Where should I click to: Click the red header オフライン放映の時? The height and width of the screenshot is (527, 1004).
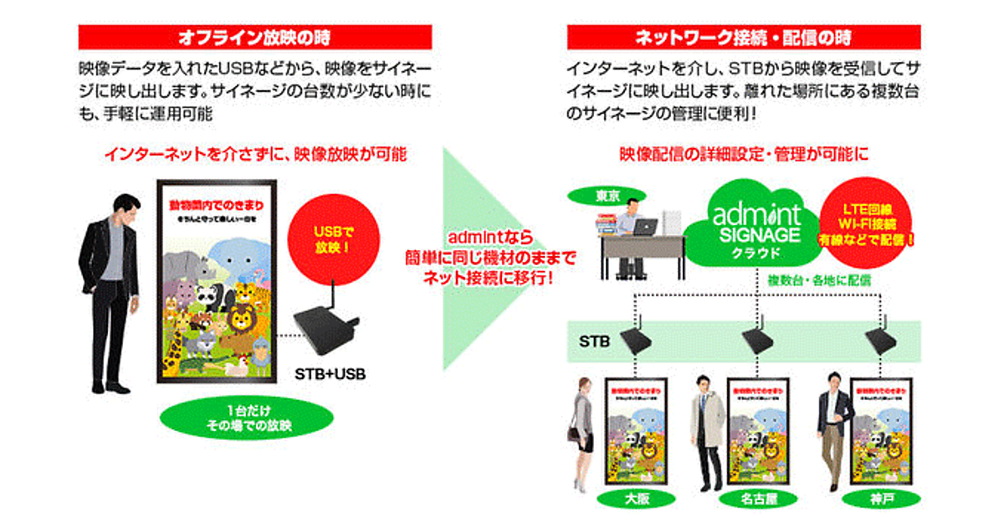click(255, 38)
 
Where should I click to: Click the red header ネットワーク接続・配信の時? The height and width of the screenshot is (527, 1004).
click(744, 38)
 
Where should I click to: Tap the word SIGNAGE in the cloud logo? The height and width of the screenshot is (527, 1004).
click(758, 237)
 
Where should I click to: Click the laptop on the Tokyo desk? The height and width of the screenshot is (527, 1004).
click(645, 227)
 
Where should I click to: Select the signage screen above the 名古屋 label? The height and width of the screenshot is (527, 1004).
click(758, 431)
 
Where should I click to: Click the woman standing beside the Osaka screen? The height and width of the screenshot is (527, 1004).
click(582, 431)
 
